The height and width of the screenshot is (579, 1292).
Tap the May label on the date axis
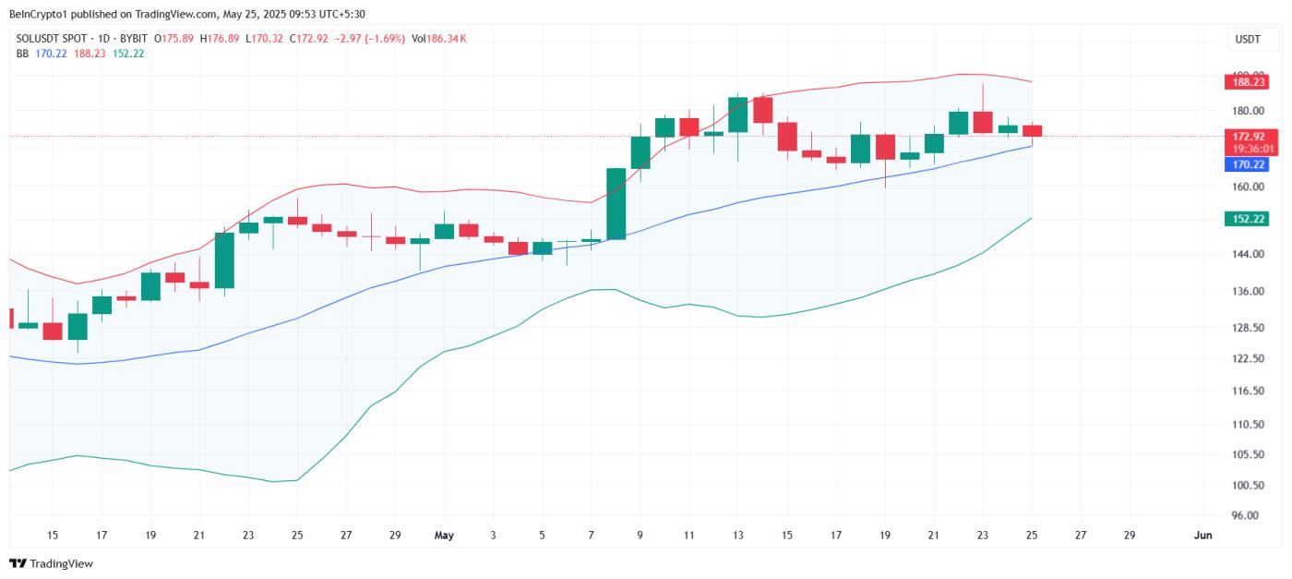[445, 535]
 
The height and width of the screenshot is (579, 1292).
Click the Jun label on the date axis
[1202, 535]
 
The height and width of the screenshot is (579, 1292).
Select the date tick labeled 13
[737, 535]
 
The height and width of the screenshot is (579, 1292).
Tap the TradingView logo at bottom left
[52, 563]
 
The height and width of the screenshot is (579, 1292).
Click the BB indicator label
[22, 54]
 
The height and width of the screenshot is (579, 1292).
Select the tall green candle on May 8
[616, 204]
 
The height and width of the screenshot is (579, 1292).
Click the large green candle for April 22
[224, 260]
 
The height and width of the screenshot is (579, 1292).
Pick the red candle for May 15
[786, 137]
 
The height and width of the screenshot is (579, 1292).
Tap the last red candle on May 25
[1032, 131]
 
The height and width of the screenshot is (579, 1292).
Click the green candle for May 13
[737, 115]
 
